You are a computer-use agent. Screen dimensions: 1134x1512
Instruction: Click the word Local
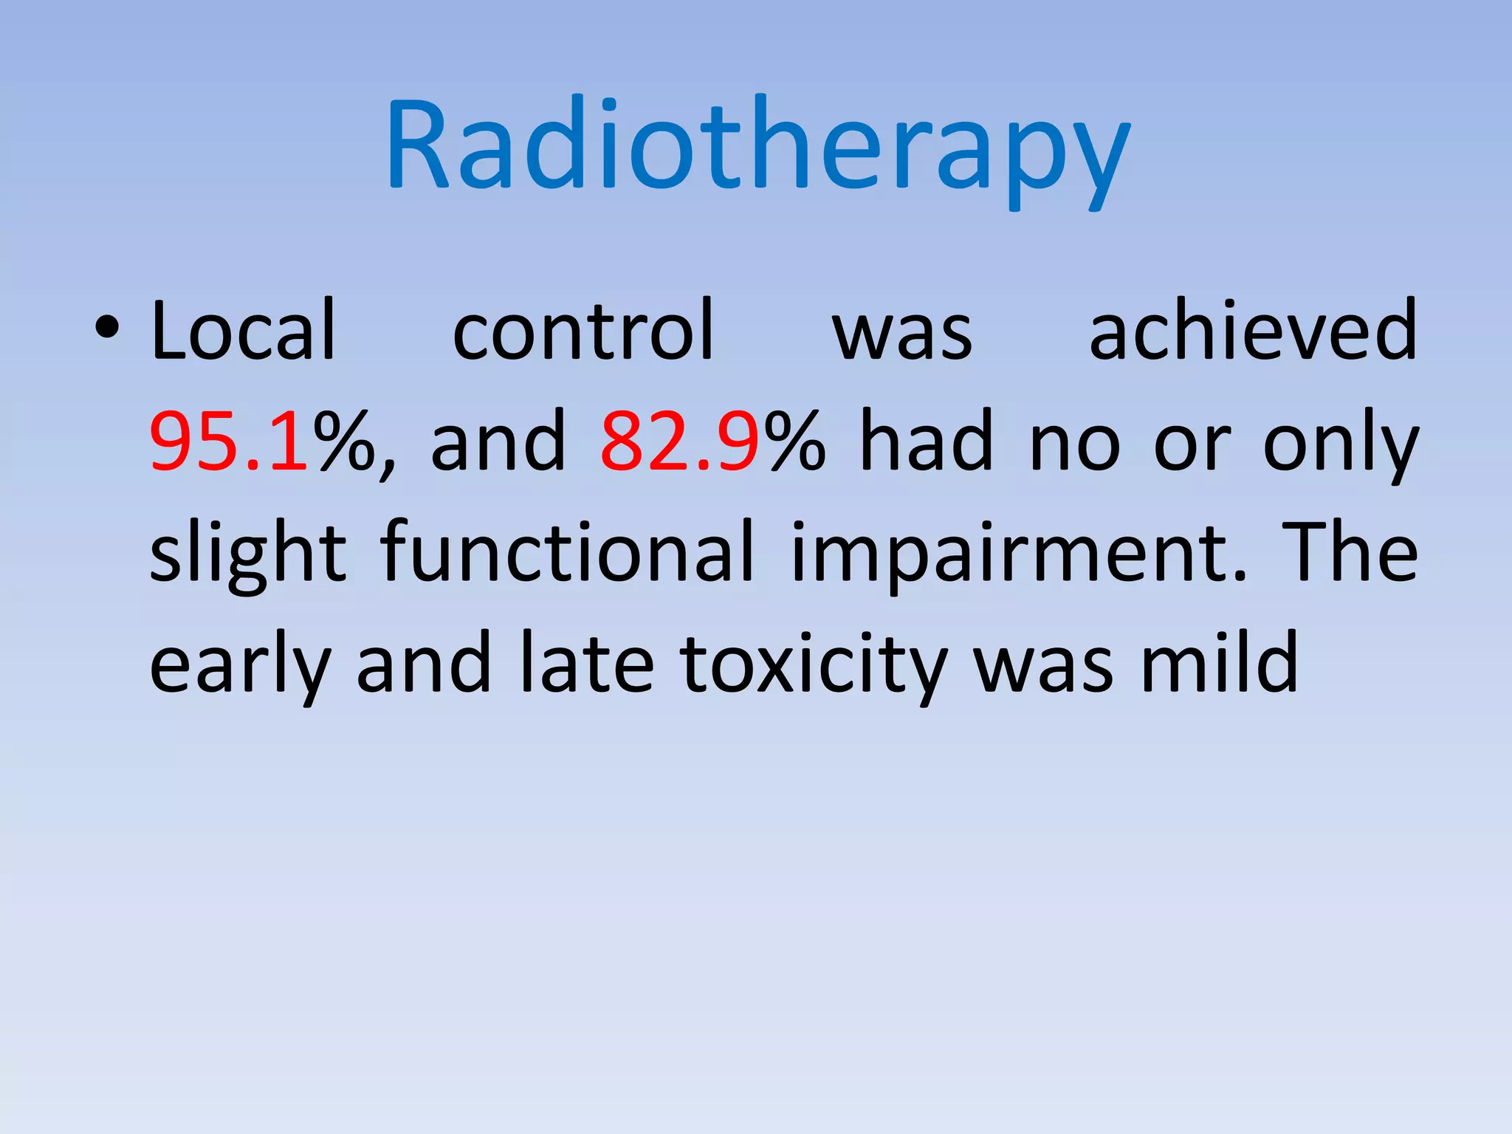(x=244, y=331)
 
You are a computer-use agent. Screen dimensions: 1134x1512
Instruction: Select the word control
(x=583, y=331)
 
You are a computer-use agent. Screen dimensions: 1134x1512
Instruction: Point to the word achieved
(x=1253, y=331)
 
